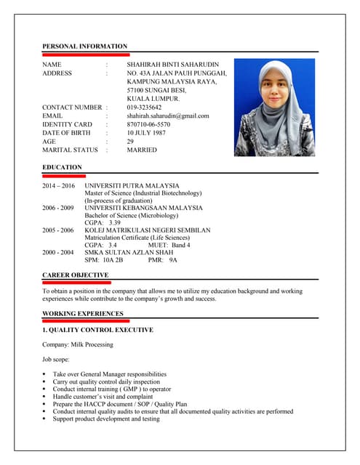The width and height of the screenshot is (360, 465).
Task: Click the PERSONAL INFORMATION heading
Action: coord(84,46)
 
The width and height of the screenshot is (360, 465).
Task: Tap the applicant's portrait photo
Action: coord(273,108)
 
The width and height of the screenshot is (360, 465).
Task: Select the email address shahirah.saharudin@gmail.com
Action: coord(167,116)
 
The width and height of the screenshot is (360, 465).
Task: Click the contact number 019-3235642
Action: coord(144,107)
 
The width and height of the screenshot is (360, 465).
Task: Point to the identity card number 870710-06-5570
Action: coord(148,124)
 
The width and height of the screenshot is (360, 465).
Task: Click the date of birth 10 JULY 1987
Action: coord(145,133)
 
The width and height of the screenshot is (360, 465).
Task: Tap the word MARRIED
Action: coord(142,150)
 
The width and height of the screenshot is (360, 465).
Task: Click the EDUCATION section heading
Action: coord(62,167)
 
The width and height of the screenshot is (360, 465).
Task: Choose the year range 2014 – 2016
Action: coord(58,186)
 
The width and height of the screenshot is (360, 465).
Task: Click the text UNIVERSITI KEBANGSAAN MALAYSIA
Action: coord(143,208)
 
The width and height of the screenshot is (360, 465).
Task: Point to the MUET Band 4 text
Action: coord(169,245)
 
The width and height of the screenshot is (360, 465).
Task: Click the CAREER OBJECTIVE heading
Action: coord(76,275)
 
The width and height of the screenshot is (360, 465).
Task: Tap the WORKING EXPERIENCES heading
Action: coord(82,313)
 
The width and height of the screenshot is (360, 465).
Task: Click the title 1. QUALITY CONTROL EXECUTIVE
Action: coord(97,330)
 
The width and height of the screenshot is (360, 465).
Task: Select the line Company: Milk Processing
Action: coord(78,344)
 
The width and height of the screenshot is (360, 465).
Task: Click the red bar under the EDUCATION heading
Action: coord(64,176)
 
